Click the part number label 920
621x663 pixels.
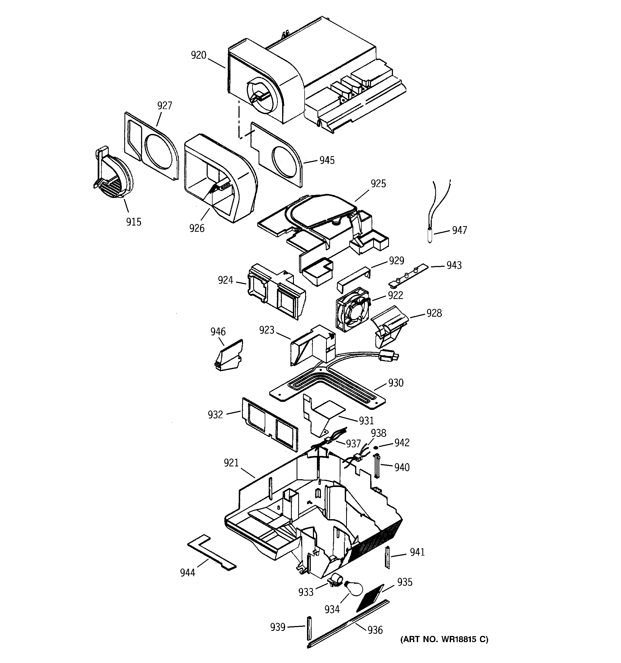[199, 55]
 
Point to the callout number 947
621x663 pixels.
[459, 230]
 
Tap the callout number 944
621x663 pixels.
[187, 573]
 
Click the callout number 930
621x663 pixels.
[396, 383]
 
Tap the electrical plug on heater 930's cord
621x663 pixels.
[388, 356]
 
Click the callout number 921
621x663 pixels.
[231, 463]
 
